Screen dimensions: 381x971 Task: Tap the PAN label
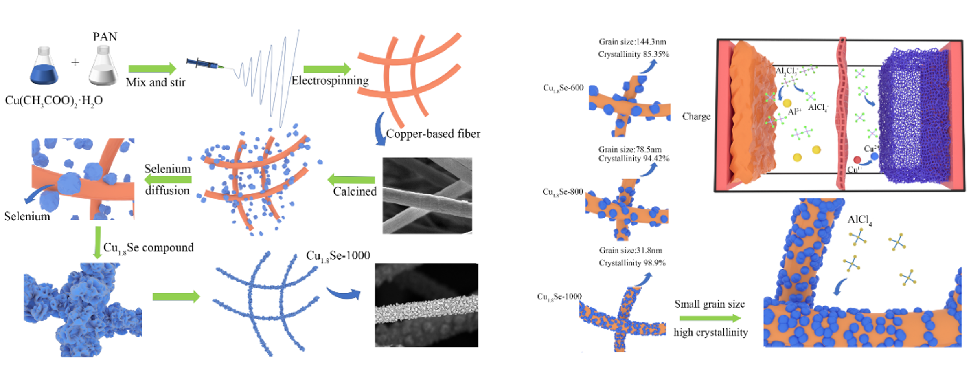click(x=105, y=37)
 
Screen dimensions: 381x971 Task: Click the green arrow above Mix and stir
click(x=152, y=69)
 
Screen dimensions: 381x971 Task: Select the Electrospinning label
click(x=330, y=81)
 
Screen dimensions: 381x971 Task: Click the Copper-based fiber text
click(x=433, y=134)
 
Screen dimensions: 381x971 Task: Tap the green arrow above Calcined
click(x=351, y=179)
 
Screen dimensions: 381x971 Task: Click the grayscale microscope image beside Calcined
click(x=427, y=196)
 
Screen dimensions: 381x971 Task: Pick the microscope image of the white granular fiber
click(x=426, y=305)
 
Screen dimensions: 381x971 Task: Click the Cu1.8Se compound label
click(x=148, y=248)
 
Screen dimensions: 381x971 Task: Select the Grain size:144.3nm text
click(x=632, y=42)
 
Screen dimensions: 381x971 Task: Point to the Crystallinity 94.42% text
click(x=633, y=159)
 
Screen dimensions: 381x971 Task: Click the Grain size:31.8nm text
click(x=630, y=250)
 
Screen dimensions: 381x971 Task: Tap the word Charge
click(x=696, y=117)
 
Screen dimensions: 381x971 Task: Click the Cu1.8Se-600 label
click(x=563, y=88)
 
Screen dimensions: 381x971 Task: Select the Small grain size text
click(x=710, y=304)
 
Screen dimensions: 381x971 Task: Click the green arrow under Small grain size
click(x=710, y=318)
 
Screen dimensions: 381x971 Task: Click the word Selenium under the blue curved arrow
click(x=27, y=216)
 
